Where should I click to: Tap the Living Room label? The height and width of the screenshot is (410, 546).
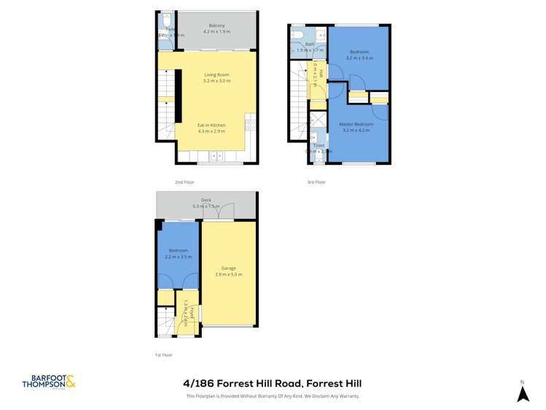tap(217, 74)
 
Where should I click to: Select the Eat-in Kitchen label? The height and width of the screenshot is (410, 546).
tap(211, 125)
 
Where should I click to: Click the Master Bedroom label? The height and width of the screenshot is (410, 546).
tap(356, 124)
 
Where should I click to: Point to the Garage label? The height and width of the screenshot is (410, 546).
tap(229, 268)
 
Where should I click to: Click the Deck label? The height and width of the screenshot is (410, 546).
tap(206, 201)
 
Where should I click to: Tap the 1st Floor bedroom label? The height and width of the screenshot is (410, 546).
tap(179, 250)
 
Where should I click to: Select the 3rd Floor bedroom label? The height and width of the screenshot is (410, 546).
tap(359, 52)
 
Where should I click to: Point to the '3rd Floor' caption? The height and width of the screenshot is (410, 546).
tap(316, 182)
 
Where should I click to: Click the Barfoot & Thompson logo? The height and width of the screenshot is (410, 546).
tap(48, 382)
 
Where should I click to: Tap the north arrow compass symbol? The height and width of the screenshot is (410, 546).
tap(522, 393)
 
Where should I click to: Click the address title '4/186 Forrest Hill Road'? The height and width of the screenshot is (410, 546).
tap(272, 383)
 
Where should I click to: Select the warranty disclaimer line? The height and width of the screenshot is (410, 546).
tap(272, 396)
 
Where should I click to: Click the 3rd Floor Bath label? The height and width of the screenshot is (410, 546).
tap(310, 45)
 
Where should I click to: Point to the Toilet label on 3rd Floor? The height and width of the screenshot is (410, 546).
tap(319, 145)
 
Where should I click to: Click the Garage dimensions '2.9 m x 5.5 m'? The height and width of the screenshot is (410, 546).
tap(229, 275)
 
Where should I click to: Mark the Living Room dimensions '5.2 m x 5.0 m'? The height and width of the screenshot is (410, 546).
tap(217, 81)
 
